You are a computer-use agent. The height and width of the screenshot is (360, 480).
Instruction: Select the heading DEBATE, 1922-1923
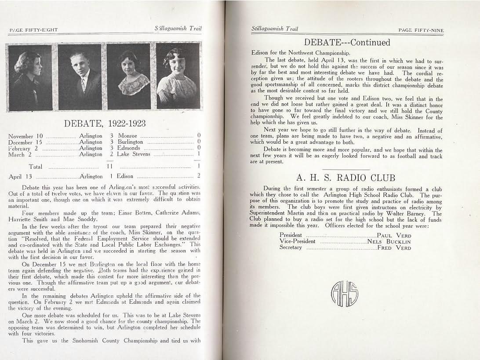point(105,124)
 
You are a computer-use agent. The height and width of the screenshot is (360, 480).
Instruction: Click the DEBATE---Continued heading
point(347,43)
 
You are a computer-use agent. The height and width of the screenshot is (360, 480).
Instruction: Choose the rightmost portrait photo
point(177,76)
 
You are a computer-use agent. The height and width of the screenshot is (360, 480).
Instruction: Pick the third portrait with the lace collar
point(128,76)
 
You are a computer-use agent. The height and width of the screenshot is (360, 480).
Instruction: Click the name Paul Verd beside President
point(393,236)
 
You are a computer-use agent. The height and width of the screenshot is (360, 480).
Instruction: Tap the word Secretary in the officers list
point(291,247)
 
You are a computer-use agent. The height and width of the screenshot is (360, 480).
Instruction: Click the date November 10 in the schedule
point(25,136)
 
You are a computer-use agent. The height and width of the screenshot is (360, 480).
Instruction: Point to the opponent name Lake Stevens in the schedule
point(134,154)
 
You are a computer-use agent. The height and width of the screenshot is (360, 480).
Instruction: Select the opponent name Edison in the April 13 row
point(125,176)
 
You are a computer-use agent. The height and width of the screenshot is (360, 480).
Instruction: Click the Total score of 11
point(109,167)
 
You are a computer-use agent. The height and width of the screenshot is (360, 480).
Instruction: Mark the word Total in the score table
point(36,167)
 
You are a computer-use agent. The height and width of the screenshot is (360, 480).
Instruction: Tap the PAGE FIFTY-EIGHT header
point(33,30)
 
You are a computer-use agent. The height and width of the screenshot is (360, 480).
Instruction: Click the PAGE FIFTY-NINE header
point(421,30)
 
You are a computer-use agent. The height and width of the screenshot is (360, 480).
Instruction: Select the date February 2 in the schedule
point(23,149)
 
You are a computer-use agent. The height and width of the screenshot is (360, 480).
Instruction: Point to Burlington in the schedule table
point(130,142)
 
